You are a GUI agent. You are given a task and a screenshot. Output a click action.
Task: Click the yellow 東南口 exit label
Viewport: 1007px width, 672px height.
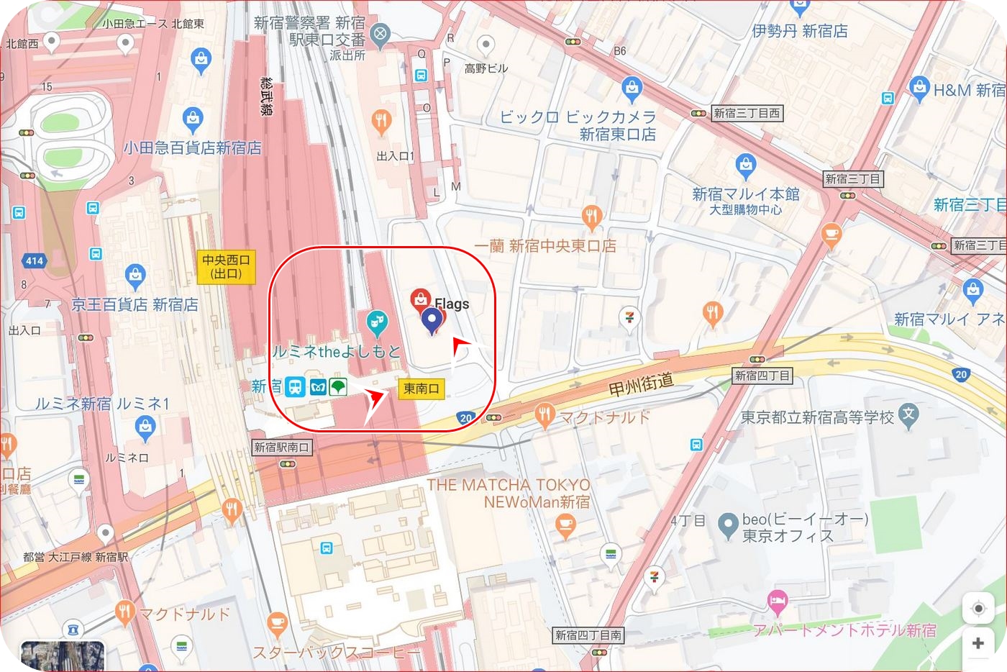421,389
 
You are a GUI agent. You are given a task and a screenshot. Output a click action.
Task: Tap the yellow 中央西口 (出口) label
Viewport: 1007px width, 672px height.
226,267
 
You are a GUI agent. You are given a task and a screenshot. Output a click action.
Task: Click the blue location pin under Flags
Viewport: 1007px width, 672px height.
431,320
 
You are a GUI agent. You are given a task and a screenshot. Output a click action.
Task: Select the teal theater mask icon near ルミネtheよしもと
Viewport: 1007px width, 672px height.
376,323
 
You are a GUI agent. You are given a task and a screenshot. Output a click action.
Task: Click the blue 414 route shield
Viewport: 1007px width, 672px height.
35,260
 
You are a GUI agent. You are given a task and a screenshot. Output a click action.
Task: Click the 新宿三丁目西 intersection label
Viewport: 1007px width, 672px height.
747,113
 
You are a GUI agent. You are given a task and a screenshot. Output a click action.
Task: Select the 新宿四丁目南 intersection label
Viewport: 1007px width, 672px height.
588,635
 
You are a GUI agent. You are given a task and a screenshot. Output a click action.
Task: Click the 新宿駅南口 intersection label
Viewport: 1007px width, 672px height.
282,448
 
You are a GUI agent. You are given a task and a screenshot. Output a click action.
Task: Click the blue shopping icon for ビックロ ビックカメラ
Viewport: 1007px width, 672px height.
632,89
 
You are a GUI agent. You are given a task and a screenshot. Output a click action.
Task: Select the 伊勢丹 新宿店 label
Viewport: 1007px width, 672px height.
799,31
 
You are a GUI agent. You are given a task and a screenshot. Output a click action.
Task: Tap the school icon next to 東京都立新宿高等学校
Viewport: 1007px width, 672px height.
909,416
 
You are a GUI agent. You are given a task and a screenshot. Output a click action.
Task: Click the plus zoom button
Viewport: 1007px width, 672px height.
978,643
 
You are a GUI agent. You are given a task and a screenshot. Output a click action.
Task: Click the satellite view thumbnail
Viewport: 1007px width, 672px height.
63,656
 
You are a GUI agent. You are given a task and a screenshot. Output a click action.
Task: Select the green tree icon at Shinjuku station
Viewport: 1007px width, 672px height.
338,387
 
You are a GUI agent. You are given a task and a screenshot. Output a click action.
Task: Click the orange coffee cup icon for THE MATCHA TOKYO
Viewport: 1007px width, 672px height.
565,525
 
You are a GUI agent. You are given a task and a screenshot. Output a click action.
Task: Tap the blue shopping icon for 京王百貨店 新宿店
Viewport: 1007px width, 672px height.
135,276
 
